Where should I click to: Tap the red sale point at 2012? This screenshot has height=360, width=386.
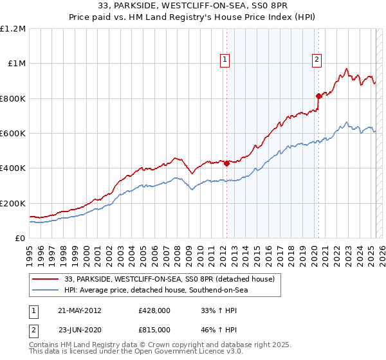click(x=226, y=163)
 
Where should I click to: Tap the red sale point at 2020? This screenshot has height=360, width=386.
click(x=318, y=96)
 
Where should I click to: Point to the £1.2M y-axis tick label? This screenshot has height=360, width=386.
click(x=13, y=28)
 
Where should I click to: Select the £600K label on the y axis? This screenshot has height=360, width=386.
click(x=13, y=133)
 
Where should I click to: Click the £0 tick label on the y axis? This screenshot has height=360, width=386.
click(x=19, y=238)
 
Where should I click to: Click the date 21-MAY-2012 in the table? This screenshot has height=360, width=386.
click(x=77, y=310)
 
